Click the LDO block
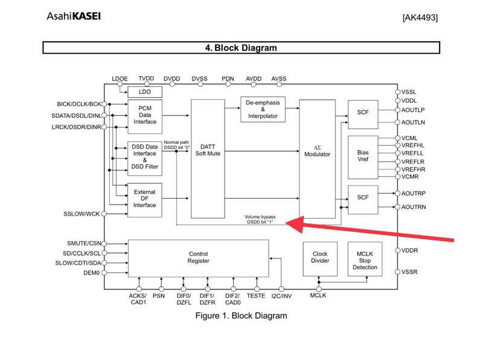pos(144,92)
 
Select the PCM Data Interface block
pos(144,114)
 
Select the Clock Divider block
pos(319,259)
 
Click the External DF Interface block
pos(144,199)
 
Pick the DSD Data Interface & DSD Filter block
pos(144,157)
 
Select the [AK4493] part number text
pos(419,18)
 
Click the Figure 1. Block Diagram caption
pos(240,315)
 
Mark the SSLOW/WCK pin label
pos(82,214)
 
